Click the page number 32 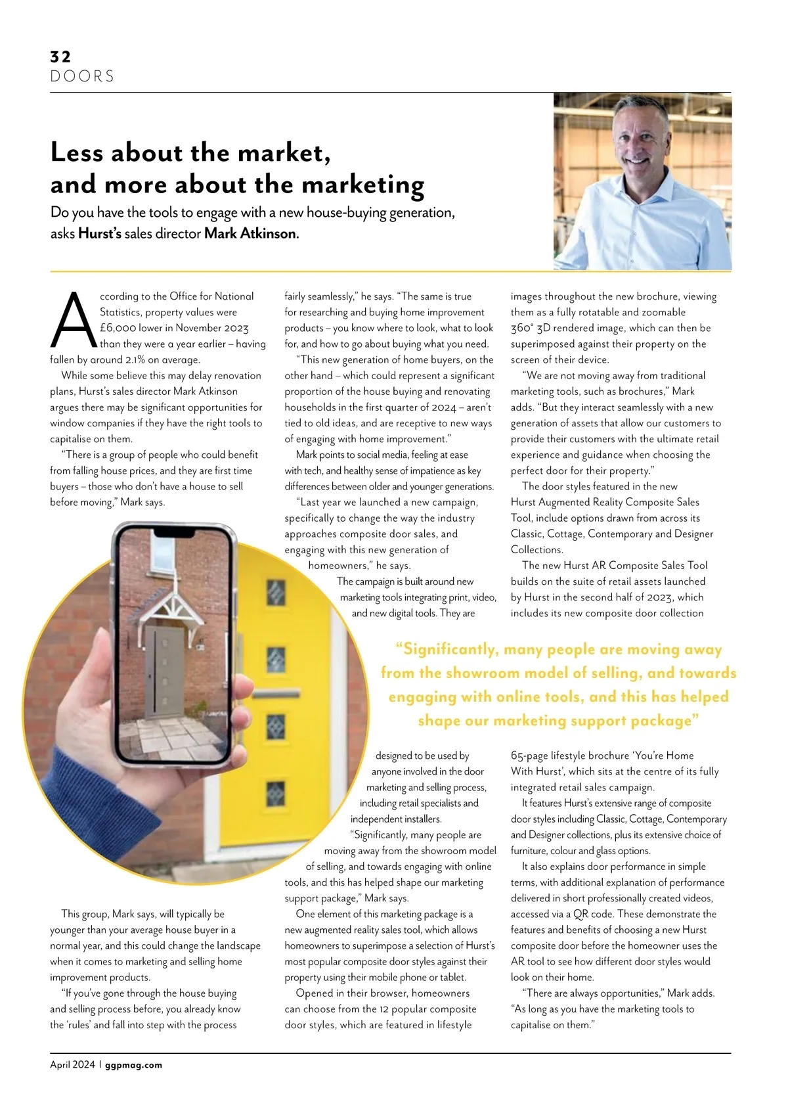tap(60, 57)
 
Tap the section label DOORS tap(82, 76)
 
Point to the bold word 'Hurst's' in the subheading tap(100, 233)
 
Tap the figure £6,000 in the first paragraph tap(118, 328)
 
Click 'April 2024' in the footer tap(72, 1065)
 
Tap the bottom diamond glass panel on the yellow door tap(275, 794)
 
